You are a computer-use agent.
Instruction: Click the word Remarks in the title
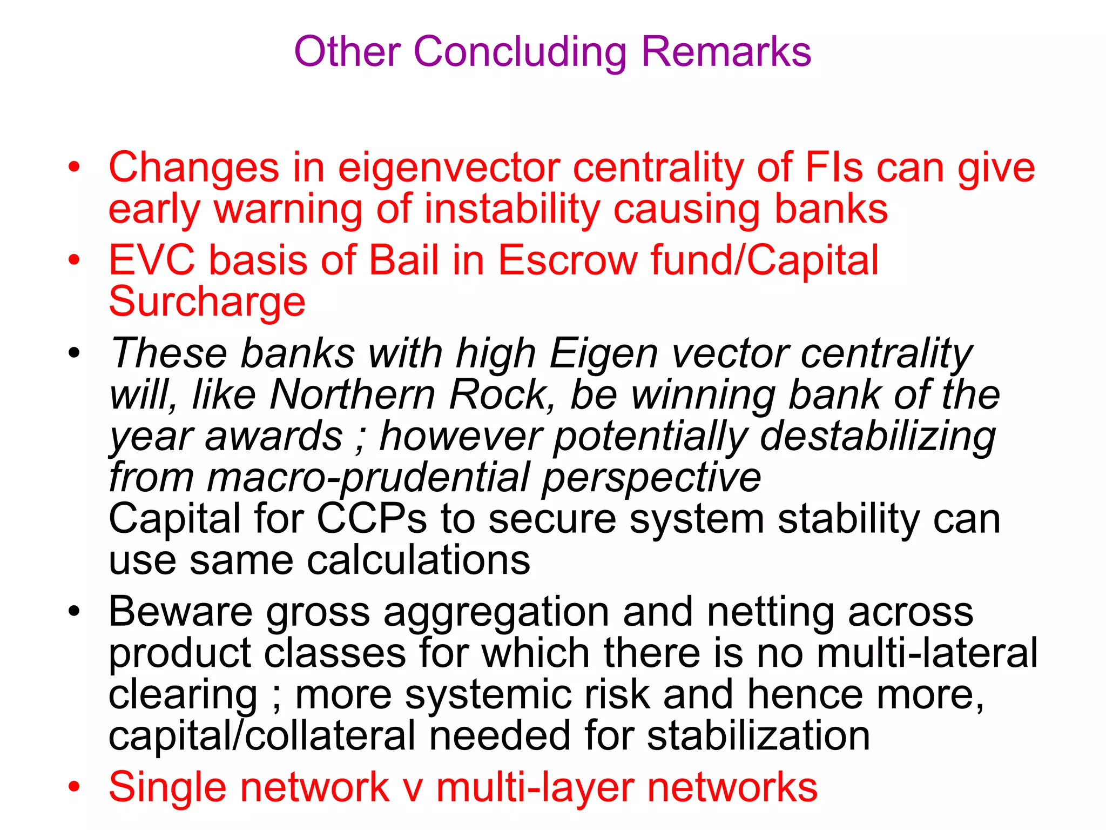[x=726, y=52]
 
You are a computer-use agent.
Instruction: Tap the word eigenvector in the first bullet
[x=449, y=168]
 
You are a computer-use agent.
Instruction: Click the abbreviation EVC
[x=152, y=260]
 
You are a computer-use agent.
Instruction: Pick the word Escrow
[x=568, y=260]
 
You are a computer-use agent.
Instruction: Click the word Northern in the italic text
[x=353, y=394]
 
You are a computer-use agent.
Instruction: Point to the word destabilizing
[x=878, y=437]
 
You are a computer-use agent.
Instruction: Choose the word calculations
[x=419, y=560]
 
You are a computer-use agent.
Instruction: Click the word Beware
[x=180, y=612]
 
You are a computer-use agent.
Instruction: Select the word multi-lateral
[x=927, y=653]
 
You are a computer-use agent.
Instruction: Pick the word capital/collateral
[x=262, y=736]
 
